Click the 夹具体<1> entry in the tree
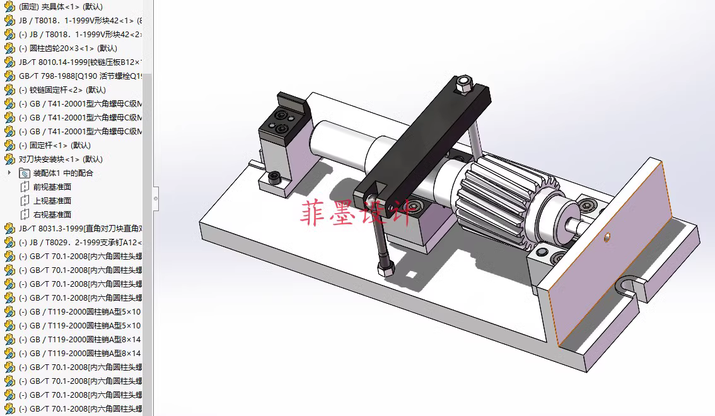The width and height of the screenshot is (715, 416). click(x=60, y=6)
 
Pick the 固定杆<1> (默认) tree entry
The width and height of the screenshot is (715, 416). click(x=60, y=145)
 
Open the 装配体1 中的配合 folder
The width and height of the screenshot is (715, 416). click(x=62, y=173)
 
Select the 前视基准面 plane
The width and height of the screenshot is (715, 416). click(x=52, y=187)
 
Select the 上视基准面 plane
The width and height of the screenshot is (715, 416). click(x=52, y=200)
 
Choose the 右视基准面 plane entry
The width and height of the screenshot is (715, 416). click(x=52, y=214)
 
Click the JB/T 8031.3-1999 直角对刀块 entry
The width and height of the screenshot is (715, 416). click(x=79, y=228)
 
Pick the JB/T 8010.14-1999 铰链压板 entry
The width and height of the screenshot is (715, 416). click(x=79, y=62)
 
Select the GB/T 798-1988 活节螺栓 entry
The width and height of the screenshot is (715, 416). click(x=79, y=76)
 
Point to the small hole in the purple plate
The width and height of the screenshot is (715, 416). click(x=607, y=237)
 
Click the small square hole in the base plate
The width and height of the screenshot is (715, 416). click(x=411, y=274)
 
